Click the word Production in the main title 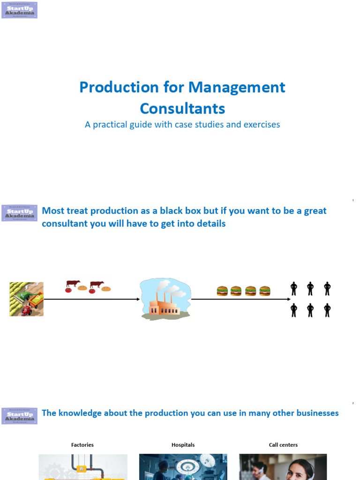point(119,87)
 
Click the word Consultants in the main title point(182,109)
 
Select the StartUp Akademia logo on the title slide point(20,10)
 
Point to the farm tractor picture point(26,299)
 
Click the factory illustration point(166,299)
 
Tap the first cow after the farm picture point(73,284)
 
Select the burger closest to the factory point(222,291)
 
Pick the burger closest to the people point(265,291)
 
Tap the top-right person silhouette point(327,288)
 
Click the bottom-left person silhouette point(294,310)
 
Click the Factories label point(82,445)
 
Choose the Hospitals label point(183,445)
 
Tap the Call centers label point(283,445)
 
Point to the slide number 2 point(353,403)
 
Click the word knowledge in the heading point(80,413)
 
